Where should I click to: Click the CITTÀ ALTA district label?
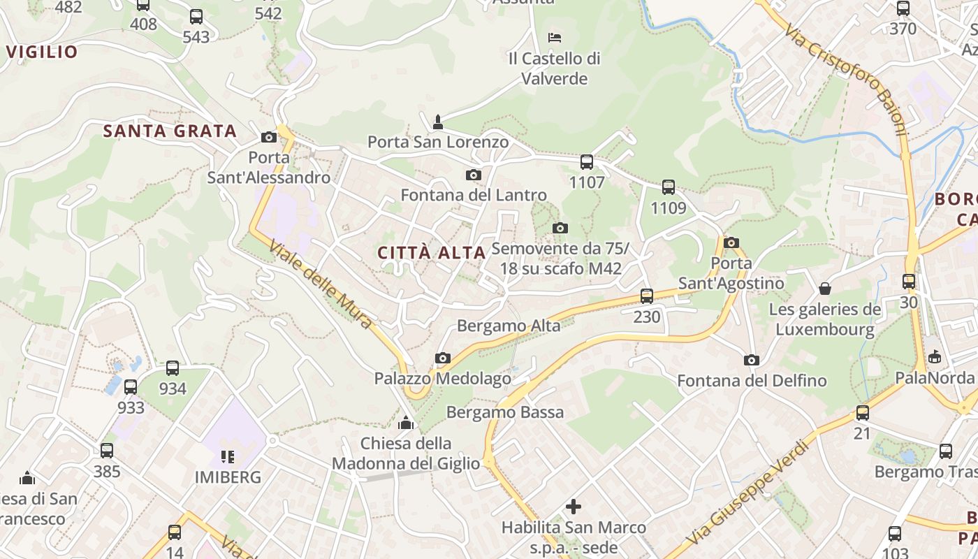[x=432, y=253]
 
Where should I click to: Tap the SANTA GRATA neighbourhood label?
[x=170, y=131]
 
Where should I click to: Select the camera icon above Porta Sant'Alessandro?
[x=268, y=138]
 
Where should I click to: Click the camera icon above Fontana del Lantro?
[x=474, y=175]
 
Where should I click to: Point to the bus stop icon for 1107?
[x=587, y=162]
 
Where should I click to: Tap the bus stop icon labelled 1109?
[x=669, y=187]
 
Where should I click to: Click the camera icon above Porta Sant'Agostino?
[x=731, y=243]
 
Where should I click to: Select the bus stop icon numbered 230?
[x=647, y=296]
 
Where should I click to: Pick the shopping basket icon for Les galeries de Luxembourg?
[x=825, y=289]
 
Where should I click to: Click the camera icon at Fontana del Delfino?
[x=752, y=361]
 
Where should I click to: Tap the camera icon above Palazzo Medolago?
[x=442, y=358]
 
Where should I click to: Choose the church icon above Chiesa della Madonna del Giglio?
[x=406, y=423]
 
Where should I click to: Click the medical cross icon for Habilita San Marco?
[x=574, y=507]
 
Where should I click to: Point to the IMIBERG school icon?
[x=228, y=457]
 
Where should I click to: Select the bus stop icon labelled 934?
[x=173, y=368]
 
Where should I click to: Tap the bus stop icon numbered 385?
[x=107, y=451]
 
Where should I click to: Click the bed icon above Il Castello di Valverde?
[x=555, y=37]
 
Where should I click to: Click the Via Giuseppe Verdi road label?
[x=743, y=488]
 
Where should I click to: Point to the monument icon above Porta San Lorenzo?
[x=438, y=122]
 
